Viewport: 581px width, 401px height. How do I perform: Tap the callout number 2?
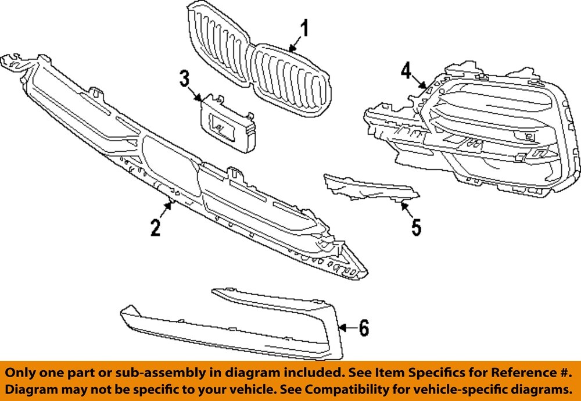(x=155, y=227)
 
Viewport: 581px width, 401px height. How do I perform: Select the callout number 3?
(x=185, y=79)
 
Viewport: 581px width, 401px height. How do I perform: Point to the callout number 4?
(x=406, y=71)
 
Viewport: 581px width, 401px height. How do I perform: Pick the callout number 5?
(x=416, y=227)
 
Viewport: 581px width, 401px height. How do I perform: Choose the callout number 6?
(x=363, y=328)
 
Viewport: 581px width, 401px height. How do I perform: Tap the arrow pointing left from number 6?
(x=346, y=328)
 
